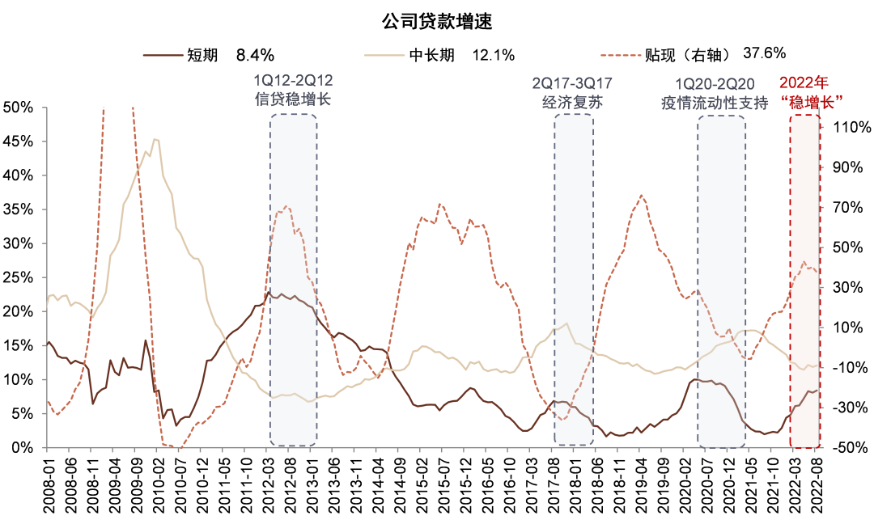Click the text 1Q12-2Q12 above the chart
[293, 81]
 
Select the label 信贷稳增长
[293, 100]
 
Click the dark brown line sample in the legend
[163, 56]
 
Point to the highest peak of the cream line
[155, 139]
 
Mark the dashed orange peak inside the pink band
[804, 262]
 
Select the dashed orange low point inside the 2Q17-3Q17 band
[563, 419]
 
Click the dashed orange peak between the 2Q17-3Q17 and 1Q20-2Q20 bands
[642, 195]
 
